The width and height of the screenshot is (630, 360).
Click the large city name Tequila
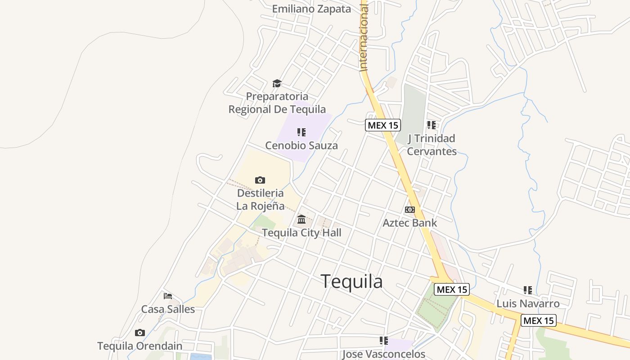pos(352,282)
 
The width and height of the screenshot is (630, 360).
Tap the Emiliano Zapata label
pos(311,9)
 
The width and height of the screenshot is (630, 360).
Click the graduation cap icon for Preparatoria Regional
pos(277,84)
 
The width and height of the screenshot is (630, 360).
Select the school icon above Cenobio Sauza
pos(301,132)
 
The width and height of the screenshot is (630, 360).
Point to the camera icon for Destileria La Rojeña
pos(260,180)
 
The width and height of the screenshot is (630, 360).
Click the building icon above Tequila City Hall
pos(301,220)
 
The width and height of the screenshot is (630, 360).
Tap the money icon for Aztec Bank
pos(409,210)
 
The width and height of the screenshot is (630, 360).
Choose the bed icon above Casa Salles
pos(168,296)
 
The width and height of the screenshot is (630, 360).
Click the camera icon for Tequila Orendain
pos(140,333)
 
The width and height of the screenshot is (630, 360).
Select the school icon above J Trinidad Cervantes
pos(432,125)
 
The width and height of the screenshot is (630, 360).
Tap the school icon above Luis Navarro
pos(528,290)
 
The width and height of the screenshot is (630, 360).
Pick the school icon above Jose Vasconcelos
pos(383,341)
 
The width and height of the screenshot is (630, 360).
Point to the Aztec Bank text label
pos(409,223)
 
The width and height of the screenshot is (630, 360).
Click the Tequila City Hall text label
pos(301,233)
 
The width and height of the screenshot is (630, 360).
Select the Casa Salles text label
pos(168,309)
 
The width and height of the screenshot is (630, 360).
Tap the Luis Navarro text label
pos(528,304)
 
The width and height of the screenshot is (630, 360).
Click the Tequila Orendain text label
pos(140,346)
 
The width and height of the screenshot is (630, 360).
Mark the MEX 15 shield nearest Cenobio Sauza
pos(382,125)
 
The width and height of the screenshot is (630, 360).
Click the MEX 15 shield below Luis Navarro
pos(539,321)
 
